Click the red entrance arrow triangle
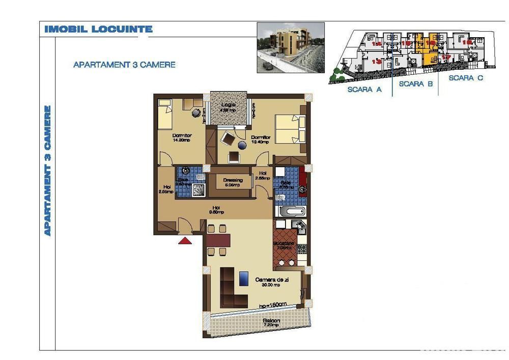point(185,241)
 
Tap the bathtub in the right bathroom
point(292,211)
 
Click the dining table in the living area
point(219,239)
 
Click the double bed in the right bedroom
point(290,129)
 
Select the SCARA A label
point(364,90)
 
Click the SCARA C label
point(466,78)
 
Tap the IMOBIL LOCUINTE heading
point(98,29)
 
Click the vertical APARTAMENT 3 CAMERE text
point(48,170)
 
